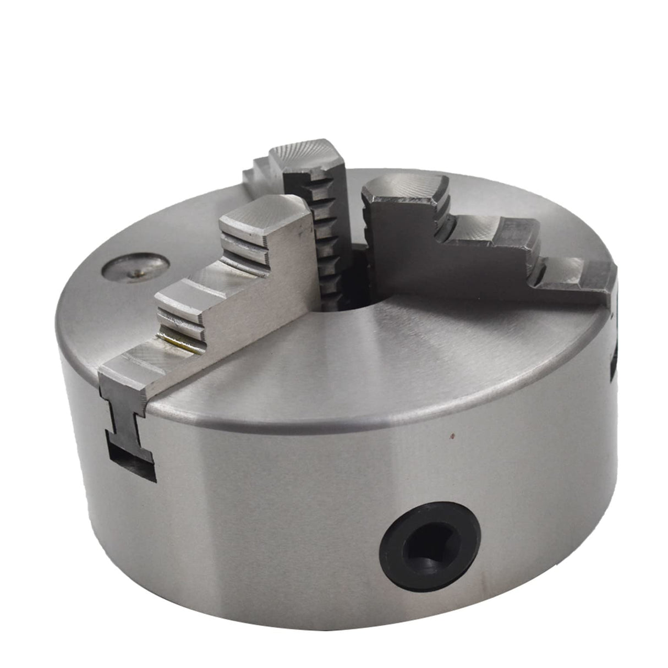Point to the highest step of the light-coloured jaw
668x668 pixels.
pyautogui.click(x=264, y=215)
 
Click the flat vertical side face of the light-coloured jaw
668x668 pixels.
pyautogui.click(x=264, y=297)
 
